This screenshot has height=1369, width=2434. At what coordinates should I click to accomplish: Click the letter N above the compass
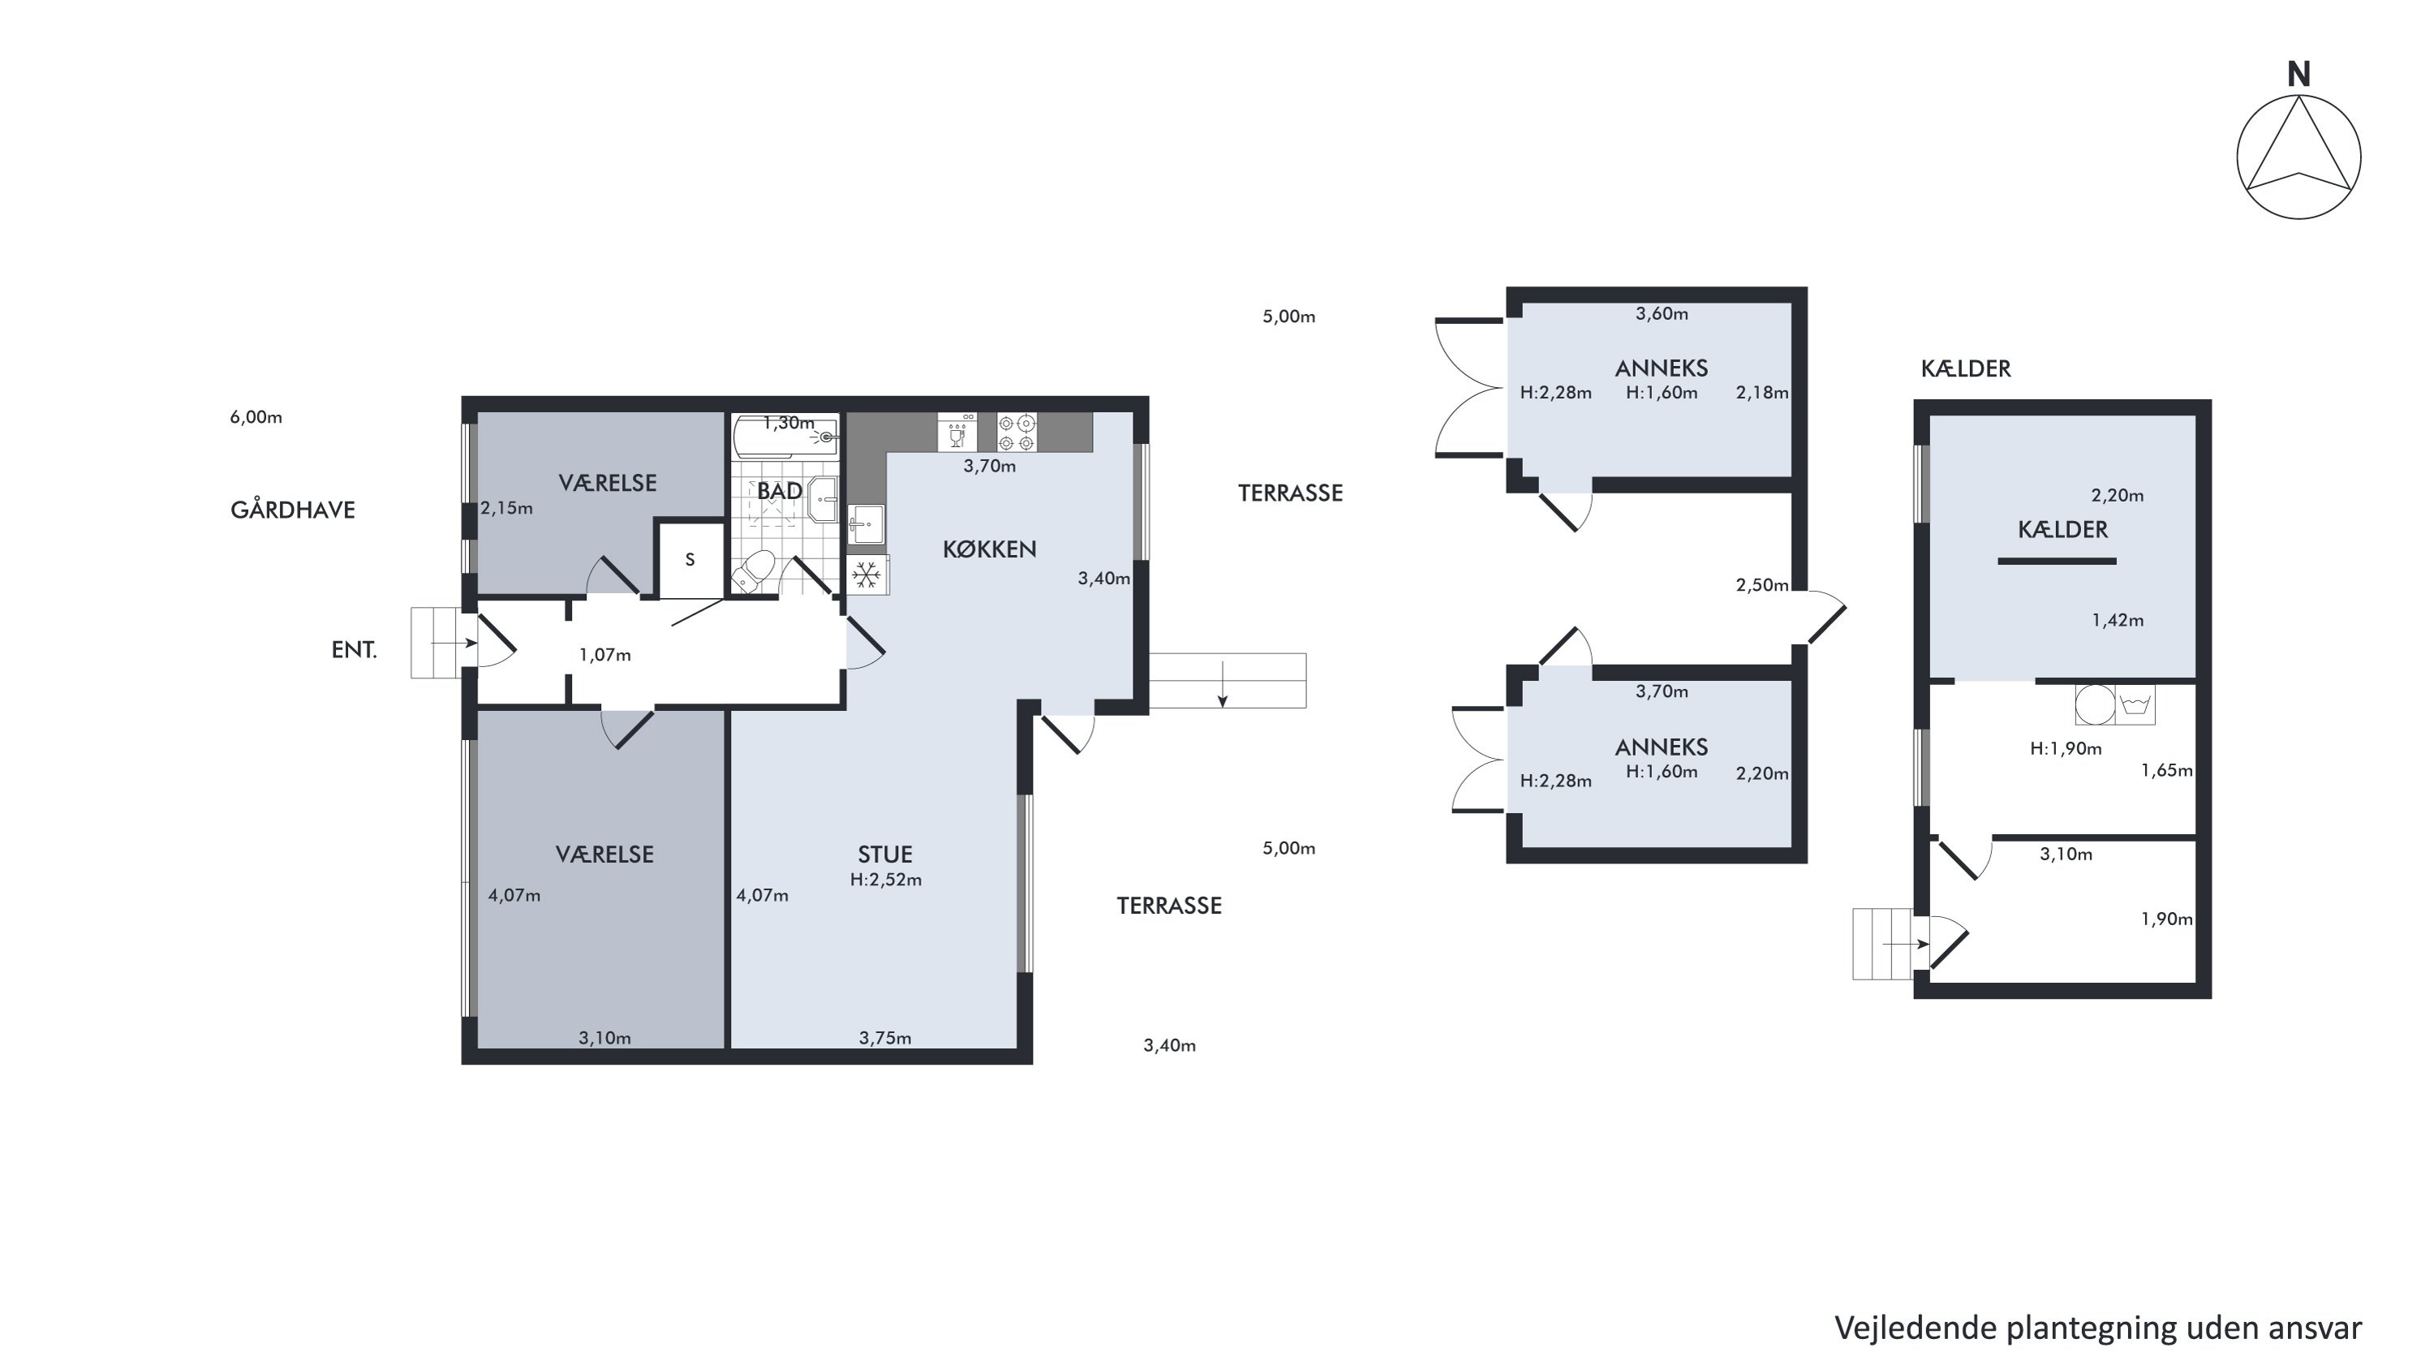point(2298,75)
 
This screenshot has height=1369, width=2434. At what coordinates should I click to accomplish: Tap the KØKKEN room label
point(989,549)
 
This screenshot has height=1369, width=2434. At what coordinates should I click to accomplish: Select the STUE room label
point(885,854)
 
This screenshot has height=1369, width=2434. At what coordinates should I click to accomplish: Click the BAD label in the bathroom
point(780,490)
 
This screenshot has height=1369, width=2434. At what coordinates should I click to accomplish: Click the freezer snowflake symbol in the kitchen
point(867,574)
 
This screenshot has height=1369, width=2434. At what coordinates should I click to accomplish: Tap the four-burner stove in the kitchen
point(1017,432)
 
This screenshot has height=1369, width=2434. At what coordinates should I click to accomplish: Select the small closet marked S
point(690,559)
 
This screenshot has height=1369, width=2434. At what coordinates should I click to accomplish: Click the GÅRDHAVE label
point(293,510)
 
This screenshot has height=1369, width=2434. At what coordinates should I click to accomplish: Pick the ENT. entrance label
point(355,650)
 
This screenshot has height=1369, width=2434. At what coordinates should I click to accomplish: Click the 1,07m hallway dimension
point(604,655)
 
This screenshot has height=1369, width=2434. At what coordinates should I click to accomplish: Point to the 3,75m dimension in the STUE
point(885,1039)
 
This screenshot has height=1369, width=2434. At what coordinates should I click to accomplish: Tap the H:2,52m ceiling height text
point(885,880)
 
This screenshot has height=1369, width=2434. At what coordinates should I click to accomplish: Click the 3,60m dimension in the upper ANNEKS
point(1662,314)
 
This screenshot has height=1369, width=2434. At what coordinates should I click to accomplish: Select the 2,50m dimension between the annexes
point(1762,585)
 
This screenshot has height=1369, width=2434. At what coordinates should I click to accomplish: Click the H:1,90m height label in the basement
point(2066,749)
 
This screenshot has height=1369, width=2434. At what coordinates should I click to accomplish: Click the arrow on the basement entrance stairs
point(1906,944)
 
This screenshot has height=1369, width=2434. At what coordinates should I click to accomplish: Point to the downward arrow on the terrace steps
point(1223,685)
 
